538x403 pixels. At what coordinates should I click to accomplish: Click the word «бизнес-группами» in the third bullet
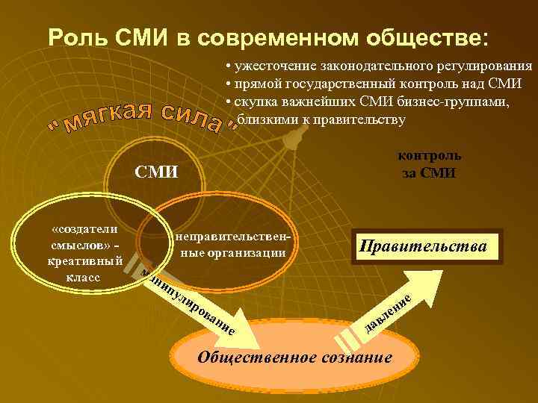click(457, 101)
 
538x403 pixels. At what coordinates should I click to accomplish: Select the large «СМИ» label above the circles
click(156, 172)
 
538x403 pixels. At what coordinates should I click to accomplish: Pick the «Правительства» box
click(423, 247)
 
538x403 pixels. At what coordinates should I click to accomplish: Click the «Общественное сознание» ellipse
click(294, 356)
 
